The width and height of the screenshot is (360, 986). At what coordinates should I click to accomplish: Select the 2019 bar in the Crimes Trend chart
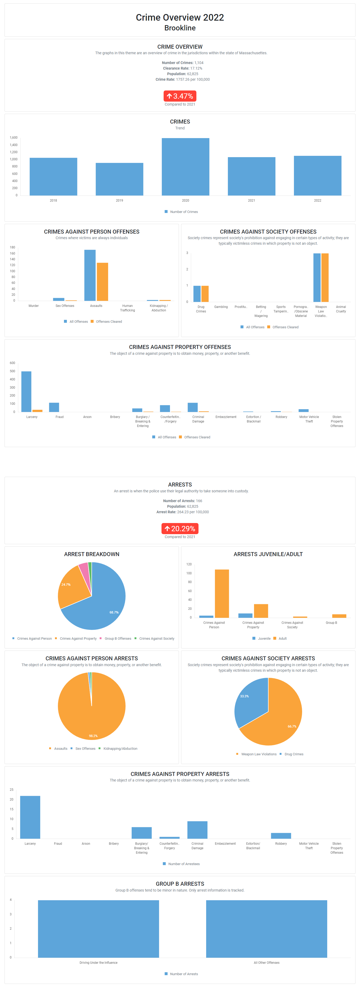click(119, 179)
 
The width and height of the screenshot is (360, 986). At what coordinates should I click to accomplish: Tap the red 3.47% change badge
click(180, 96)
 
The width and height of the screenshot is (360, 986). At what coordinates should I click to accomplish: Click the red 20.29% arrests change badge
click(180, 529)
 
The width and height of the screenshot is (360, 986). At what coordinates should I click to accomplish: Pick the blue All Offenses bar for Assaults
click(90, 276)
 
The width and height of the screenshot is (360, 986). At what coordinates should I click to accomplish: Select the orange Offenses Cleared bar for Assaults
click(103, 282)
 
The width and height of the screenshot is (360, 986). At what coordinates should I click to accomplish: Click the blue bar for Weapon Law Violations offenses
click(317, 278)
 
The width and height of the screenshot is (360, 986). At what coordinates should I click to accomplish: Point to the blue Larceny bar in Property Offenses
click(26, 392)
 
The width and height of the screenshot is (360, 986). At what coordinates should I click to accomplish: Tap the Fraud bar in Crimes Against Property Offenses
click(54, 407)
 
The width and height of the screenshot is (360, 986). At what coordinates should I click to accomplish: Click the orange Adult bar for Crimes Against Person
click(222, 593)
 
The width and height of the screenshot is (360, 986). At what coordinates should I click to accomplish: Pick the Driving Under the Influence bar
click(98, 929)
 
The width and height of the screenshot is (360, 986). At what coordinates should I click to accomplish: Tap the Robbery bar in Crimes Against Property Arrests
click(281, 835)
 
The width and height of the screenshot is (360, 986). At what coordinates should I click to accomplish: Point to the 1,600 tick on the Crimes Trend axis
click(13, 137)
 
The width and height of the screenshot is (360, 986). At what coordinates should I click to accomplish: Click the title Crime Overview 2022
click(180, 18)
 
